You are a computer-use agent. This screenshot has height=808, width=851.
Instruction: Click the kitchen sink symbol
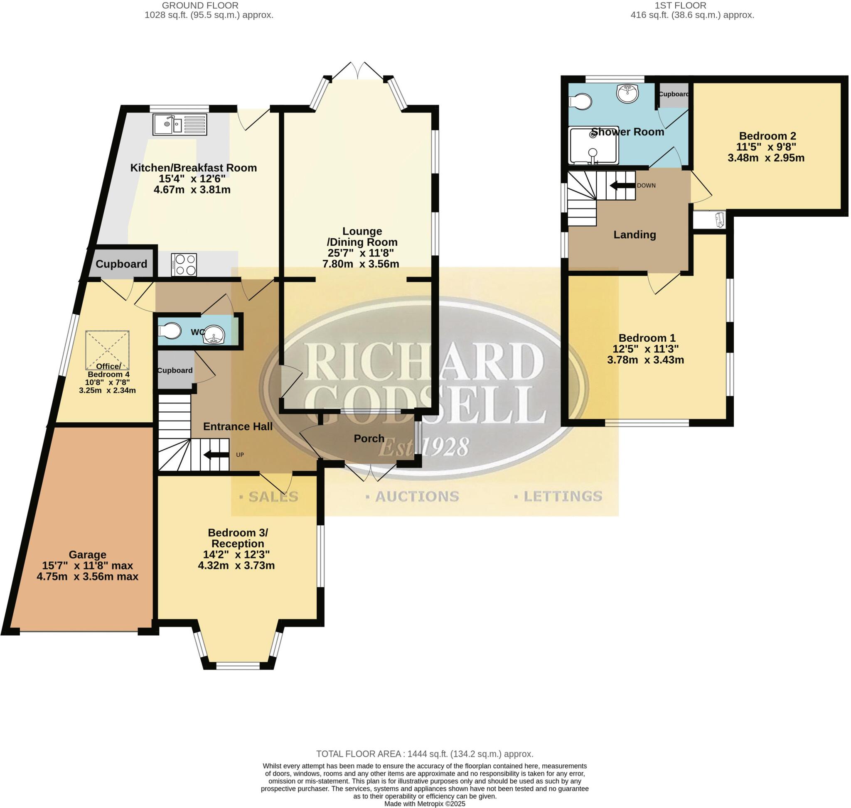pyautogui.click(x=180, y=124)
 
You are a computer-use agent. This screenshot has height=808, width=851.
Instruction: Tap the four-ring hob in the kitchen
pyautogui.click(x=184, y=264)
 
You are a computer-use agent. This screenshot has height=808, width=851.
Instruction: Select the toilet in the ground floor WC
pyautogui.click(x=170, y=331)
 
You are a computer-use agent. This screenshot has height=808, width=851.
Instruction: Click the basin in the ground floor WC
pyautogui.click(x=214, y=335)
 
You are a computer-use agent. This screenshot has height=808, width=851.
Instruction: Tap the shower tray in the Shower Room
pyautogui.click(x=593, y=145)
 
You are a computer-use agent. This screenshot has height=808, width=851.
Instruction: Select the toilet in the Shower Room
pyautogui.click(x=580, y=102)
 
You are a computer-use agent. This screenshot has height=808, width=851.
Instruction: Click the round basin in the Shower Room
pyautogui.click(x=628, y=93)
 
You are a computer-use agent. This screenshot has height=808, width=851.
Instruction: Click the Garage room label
pyautogui.click(x=87, y=554)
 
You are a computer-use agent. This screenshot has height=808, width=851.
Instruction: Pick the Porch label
pyautogui.click(x=369, y=438)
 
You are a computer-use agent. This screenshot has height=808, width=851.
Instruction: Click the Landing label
pyautogui.click(x=635, y=235)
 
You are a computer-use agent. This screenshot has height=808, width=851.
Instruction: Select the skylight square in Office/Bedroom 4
pyautogui.click(x=107, y=350)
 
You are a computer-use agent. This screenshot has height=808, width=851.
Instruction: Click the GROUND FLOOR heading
pyautogui.click(x=200, y=5)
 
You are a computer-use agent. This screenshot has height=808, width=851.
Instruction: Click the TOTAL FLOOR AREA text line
pyautogui.click(x=425, y=754)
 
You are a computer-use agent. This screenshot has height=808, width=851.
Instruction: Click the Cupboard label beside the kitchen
pyautogui.click(x=121, y=264)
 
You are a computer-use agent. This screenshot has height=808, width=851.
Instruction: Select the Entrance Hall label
pyautogui.click(x=238, y=426)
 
